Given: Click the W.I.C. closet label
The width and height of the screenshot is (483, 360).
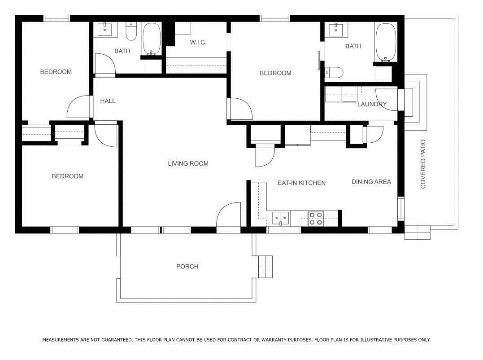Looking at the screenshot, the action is point(198,42).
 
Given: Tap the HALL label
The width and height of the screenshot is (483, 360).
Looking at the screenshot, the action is point(108,101).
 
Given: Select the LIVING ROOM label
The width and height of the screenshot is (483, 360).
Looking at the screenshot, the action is point(188,164).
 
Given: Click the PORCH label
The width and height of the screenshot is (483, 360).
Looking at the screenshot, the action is point(187,266).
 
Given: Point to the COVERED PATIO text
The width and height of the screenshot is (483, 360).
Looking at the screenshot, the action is point(423,164).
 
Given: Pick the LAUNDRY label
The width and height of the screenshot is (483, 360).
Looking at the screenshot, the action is point(372,104).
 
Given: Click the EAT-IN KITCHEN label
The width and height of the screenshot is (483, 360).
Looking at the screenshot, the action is point(301,183).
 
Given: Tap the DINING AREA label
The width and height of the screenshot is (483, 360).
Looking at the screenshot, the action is point(371,182).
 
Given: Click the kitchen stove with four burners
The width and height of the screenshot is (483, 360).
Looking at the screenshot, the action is point(316,219).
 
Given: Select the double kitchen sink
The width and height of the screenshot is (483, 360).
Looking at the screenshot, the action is point(281,218).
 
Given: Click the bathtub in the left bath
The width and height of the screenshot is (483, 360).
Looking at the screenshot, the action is point(151,39).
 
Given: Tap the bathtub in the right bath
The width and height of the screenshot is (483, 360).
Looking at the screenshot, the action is point(386,42).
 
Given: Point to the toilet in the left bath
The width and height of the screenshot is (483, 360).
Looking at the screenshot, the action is point(131,31).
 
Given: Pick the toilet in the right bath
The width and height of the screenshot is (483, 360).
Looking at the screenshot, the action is point(334,72).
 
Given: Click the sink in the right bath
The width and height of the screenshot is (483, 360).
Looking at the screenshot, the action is point(336,30).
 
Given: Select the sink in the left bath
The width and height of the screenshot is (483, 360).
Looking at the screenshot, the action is point(105,29).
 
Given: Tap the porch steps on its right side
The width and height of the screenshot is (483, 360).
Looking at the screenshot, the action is point(265,267).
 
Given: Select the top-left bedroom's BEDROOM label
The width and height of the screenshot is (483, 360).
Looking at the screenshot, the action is point(56,72).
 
